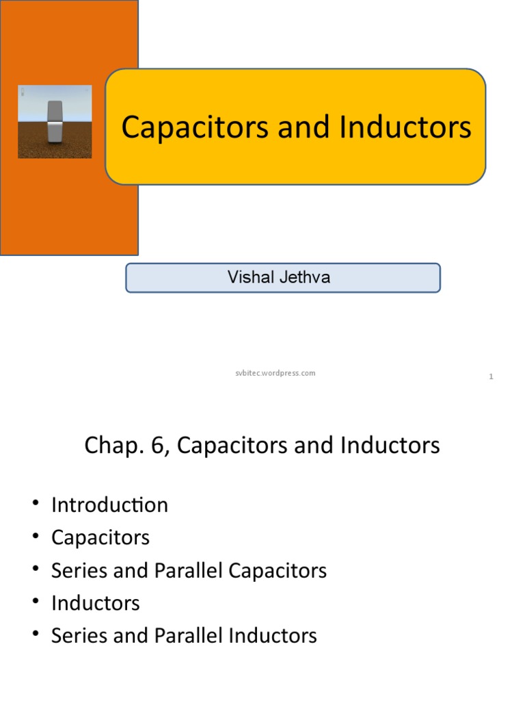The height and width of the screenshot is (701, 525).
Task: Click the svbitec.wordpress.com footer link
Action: pos(271,373)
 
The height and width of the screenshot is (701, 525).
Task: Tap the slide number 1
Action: pos(491,377)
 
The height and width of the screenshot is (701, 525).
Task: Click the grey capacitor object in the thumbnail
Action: pos(55,121)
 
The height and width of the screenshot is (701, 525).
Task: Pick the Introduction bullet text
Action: pos(109,505)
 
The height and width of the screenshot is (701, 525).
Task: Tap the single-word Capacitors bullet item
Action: pos(100,537)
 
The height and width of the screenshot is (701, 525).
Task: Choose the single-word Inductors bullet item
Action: pos(95,603)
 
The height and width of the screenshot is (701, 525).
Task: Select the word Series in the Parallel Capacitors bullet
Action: pos(78,570)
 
